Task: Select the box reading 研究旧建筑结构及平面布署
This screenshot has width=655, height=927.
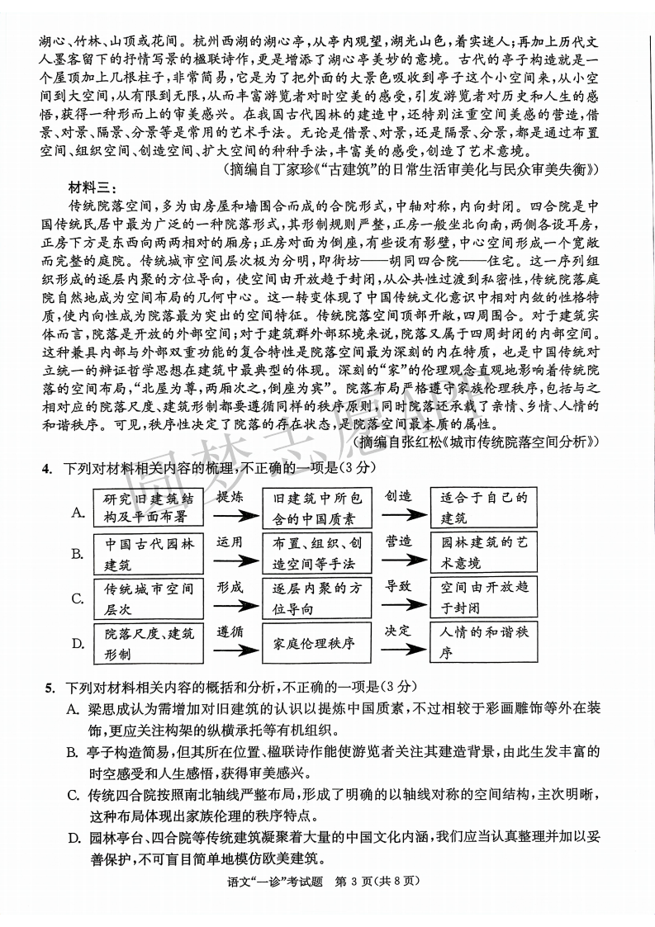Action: tap(148, 507)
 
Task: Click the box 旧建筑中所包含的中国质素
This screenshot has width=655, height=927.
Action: tap(316, 507)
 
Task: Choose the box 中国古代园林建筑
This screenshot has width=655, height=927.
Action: tap(148, 553)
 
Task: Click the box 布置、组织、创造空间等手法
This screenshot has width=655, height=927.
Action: tap(316, 553)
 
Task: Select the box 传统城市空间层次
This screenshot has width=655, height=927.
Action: tap(148, 598)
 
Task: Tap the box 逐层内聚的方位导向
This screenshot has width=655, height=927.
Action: tap(316, 598)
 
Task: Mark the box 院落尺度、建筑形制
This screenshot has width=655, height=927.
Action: tap(148, 643)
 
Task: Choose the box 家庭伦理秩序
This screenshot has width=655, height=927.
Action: tap(316, 643)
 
